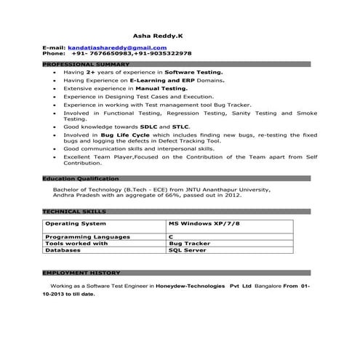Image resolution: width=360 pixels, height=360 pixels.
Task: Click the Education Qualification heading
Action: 80,179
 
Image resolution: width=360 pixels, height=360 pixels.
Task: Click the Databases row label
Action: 65,249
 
